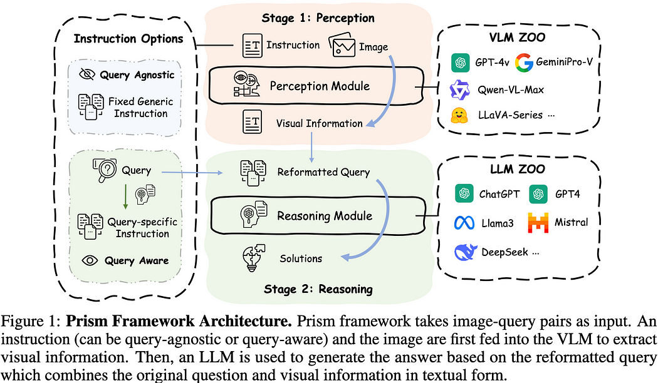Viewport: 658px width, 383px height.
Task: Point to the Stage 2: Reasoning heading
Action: pyautogui.click(x=318, y=289)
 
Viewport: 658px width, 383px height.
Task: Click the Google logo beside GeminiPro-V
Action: pyautogui.click(x=523, y=63)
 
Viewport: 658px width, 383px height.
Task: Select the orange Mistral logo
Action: pyautogui.click(x=537, y=222)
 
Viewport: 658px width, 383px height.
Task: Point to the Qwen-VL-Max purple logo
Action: pyautogui.click(x=461, y=89)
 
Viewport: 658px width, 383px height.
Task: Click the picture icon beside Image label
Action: pyautogui.click(x=343, y=45)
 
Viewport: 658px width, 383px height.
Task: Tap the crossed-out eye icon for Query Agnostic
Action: pyautogui.click(x=87, y=74)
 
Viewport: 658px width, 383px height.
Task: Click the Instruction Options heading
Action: pyautogui.click(x=128, y=39)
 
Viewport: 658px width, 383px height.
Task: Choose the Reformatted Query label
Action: pyautogui.click(x=323, y=172)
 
